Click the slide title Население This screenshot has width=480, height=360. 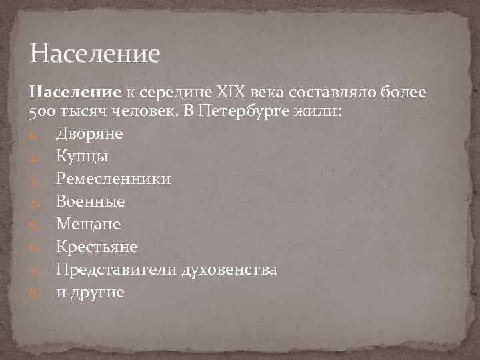tap(95, 53)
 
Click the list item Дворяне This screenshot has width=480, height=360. tap(89, 133)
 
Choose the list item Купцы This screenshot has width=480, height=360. tap(82, 156)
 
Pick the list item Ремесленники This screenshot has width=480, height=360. tap(113, 179)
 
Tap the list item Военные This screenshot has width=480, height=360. tap(90, 201)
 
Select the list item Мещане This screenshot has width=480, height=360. tap(88, 224)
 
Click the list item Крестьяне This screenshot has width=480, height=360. tap(97, 247)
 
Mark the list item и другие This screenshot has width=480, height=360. tap(90, 292)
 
